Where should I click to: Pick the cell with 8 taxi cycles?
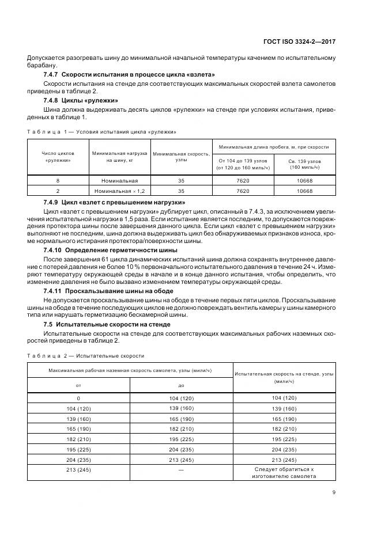pyautogui.click(x=58, y=180)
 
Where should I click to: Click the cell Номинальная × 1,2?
pyautogui.click(x=119, y=191)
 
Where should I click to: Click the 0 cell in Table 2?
pyautogui.click(x=79, y=398)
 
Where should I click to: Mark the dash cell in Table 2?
pyautogui.click(x=181, y=470)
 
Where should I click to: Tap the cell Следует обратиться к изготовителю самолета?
pyautogui.click(x=284, y=473)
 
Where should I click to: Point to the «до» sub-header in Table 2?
pyautogui.click(x=181, y=386)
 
